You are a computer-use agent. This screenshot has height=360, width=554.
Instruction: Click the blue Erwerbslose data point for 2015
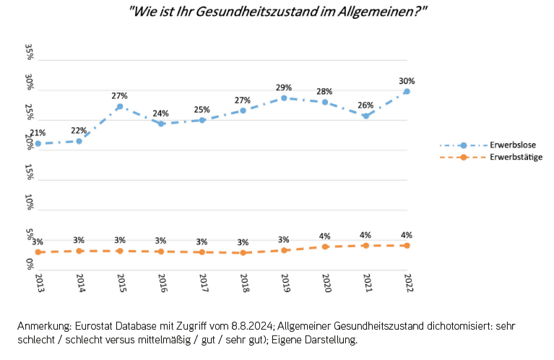(120, 107)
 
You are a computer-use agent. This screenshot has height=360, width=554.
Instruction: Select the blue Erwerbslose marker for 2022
(407, 91)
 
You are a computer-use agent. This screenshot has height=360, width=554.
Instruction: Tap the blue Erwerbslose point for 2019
(284, 98)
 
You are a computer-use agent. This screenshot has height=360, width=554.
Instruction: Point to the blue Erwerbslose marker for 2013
(38, 144)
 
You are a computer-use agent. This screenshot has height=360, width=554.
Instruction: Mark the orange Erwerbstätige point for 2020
(325, 247)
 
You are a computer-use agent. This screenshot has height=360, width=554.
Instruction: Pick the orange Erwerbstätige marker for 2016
(161, 251)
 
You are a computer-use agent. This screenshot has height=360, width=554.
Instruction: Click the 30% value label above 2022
(407, 81)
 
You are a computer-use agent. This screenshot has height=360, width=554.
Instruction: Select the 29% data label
(284, 87)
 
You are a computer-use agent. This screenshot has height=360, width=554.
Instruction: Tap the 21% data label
(38, 133)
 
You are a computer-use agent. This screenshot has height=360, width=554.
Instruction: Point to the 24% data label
(161, 113)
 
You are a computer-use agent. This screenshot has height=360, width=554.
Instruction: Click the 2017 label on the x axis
(203, 283)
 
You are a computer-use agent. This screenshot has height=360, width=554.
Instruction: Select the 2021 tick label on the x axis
(366, 283)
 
